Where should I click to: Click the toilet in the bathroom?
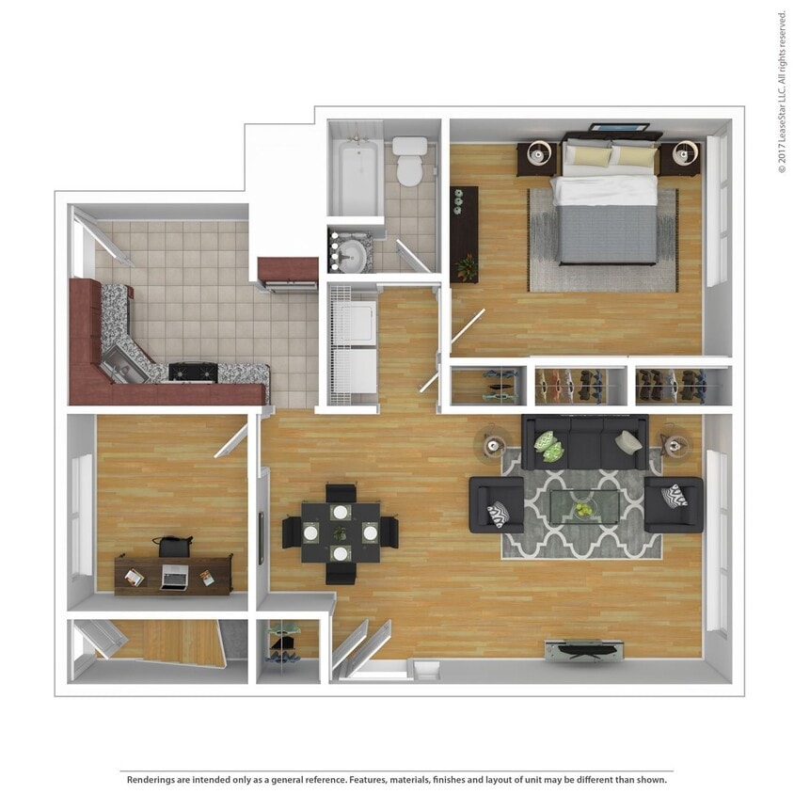click(409, 161)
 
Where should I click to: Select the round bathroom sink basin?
click(352, 256)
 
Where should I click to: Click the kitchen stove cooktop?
click(193, 373)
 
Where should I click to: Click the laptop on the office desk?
click(174, 577)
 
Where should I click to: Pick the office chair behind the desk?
click(173, 546)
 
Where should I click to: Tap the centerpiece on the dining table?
click(340, 532)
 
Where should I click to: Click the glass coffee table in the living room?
click(584, 507)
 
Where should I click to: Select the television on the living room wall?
click(584, 650)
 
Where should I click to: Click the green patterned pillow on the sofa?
click(548, 446)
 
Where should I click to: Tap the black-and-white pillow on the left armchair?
click(498, 515)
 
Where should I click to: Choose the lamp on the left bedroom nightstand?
click(539, 151)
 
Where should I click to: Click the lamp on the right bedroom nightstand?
click(686, 152)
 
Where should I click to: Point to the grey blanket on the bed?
click(608, 234)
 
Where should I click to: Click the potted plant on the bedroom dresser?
click(466, 267)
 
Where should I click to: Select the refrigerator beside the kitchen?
click(288, 275)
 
